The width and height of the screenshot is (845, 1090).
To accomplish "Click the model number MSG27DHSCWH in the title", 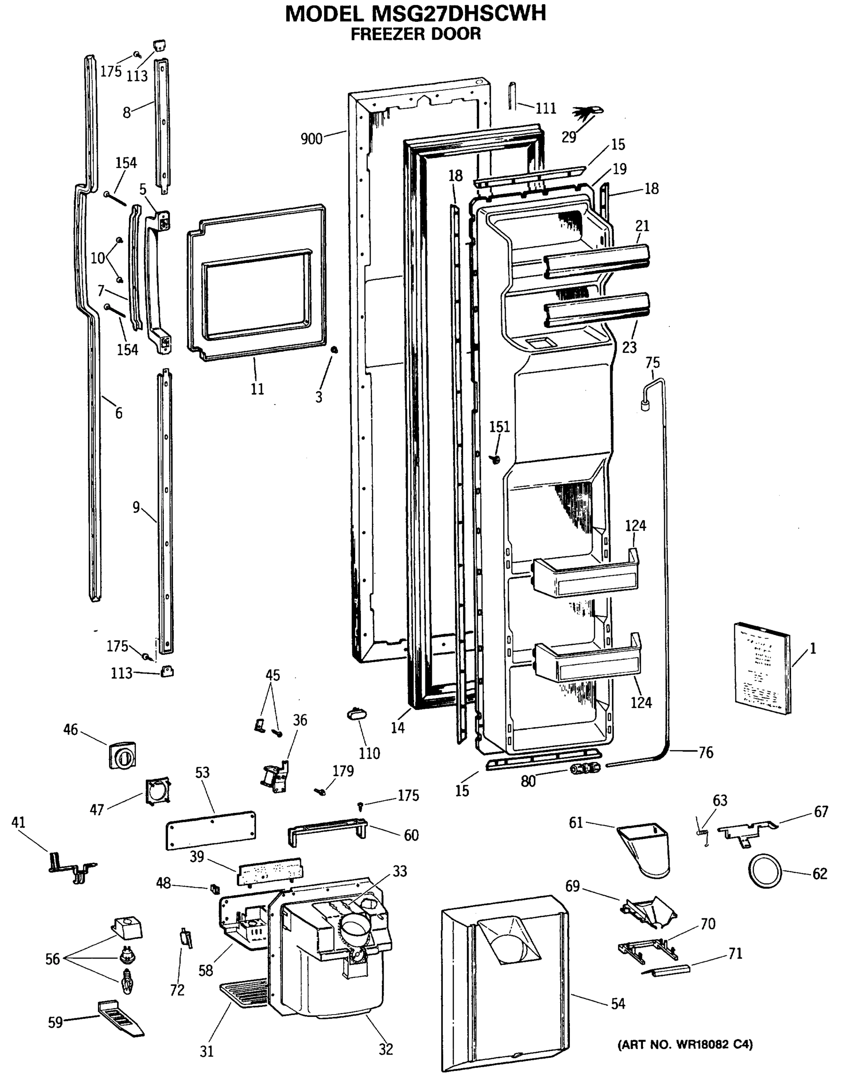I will pos(459,14).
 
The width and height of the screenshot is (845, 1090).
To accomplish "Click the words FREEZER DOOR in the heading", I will pos(415,34).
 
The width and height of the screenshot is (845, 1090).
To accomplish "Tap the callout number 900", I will pos(311,139).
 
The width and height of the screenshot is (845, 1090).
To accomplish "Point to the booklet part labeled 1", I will pos(762,667).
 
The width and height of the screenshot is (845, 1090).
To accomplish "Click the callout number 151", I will pos(499,427).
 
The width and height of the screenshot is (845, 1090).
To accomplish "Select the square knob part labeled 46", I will pos(122,755).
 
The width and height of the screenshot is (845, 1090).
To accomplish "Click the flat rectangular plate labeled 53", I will pos(211,829).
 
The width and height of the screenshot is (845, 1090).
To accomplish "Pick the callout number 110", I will pos(369,753).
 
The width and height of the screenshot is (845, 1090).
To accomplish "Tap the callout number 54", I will pos(618,1004).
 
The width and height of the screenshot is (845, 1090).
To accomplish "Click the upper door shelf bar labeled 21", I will pos(596,262).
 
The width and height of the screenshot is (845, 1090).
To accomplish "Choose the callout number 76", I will pos(705,752).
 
